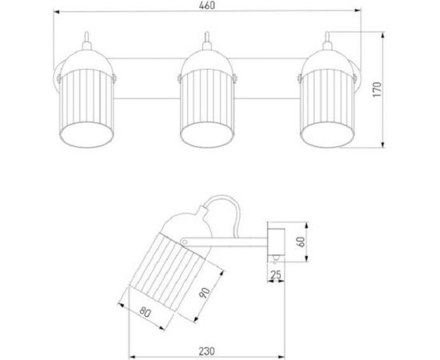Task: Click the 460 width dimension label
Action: click(207, 5)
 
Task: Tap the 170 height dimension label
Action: click(378, 90)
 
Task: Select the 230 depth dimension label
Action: click(207, 351)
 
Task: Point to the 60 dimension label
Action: click(301, 242)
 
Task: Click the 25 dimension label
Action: click(276, 275)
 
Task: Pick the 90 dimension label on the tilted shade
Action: click(205, 293)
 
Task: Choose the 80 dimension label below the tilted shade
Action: click(146, 312)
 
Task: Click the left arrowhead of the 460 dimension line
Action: click(57, 12)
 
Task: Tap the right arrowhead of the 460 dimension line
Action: click(358, 10)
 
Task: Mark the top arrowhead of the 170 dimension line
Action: click(382, 36)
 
